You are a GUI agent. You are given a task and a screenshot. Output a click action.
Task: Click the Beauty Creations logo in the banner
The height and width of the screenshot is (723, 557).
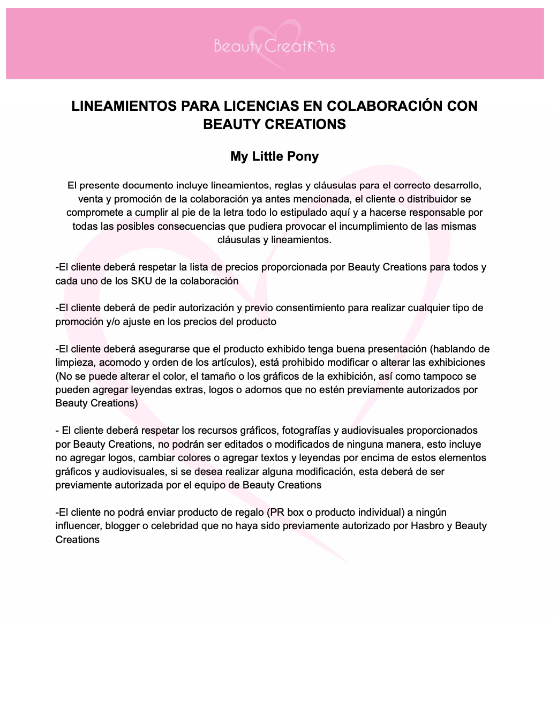[x=274, y=46]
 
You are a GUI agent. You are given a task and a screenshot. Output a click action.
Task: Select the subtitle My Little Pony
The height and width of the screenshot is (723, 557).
[x=274, y=156]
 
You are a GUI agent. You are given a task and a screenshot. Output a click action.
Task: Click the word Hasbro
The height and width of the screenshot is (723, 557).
[x=427, y=526]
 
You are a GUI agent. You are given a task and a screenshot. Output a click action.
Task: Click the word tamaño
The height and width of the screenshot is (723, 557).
[x=216, y=376]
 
